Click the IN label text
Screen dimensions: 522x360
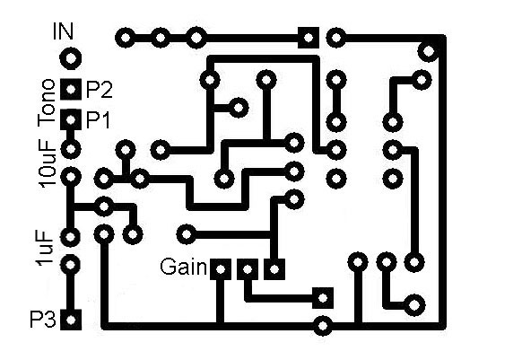point(63,31)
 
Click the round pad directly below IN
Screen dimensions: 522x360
point(71,58)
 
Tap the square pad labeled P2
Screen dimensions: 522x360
point(71,89)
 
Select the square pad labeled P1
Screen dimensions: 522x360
point(71,119)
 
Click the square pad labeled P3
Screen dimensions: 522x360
point(71,320)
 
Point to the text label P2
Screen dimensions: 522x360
point(100,90)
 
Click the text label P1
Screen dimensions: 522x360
point(98,120)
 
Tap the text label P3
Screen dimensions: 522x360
point(43,320)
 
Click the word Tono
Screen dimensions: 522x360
point(47,102)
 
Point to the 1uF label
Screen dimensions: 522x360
point(45,248)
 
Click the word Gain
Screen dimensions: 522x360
point(183,267)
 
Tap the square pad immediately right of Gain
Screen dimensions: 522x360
point(221,269)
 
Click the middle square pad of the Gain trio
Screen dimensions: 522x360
point(247,269)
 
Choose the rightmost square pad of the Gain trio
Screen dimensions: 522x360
point(274,269)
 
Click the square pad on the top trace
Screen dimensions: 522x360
point(309,38)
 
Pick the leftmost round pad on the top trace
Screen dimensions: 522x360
point(126,38)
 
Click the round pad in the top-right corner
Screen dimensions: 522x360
point(429,51)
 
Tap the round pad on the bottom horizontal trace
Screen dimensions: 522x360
point(323,325)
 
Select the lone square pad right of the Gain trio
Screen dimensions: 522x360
point(323,298)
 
